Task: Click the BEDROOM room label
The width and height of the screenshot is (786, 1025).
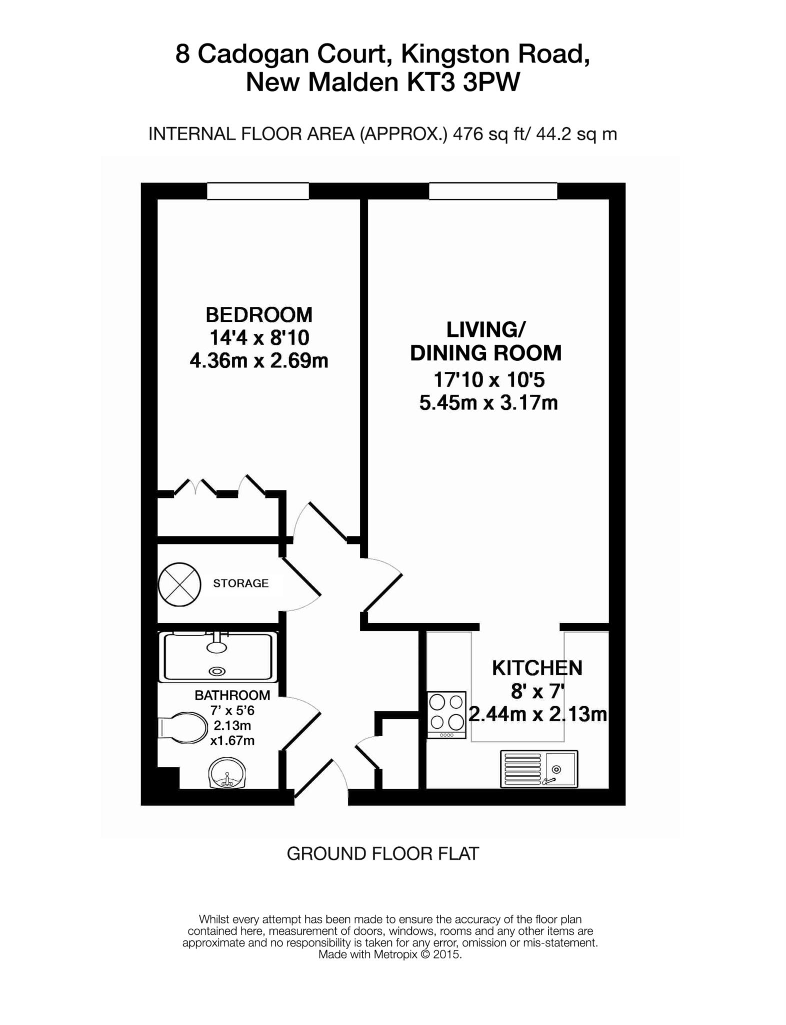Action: [259, 315]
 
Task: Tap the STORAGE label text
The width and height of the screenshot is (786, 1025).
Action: [240, 583]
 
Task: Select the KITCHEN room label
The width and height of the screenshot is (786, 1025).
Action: [537, 668]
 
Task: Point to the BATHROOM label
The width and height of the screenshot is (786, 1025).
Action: [232, 695]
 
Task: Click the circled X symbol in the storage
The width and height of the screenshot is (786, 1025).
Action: [179, 584]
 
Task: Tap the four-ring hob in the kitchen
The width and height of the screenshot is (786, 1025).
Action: [446, 715]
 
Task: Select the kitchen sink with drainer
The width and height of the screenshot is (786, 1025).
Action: [539, 769]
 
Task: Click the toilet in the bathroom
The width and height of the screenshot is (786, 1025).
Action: [183, 729]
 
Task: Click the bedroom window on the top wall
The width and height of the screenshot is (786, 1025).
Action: [258, 191]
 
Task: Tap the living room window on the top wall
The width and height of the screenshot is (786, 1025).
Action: [493, 191]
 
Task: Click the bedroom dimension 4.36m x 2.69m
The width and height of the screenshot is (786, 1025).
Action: [259, 360]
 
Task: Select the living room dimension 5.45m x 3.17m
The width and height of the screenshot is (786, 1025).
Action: [488, 402]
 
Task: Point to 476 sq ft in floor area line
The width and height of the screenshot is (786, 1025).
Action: [483, 134]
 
